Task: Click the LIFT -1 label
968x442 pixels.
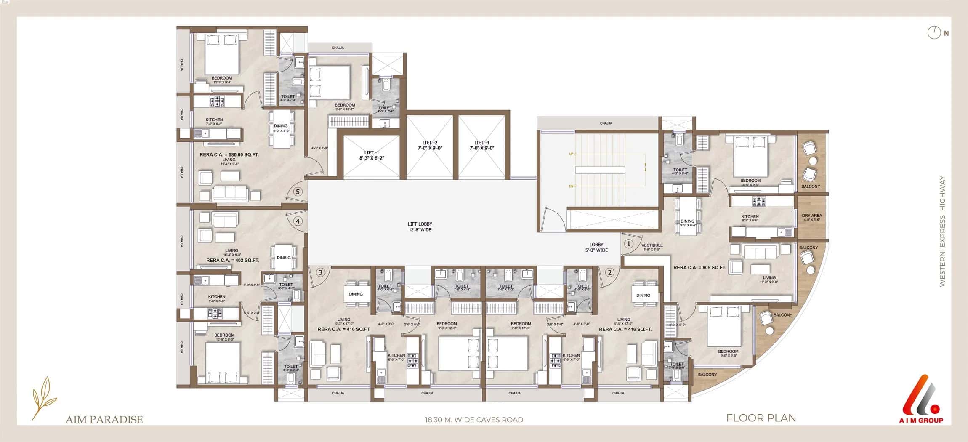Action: [x=372, y=155]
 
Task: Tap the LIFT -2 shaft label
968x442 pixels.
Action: [x=430, y=145]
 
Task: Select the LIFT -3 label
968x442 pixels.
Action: [x=481, y=145]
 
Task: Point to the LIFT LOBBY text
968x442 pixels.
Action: [x=420, y=226]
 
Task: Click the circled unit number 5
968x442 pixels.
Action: [x=298, y=192]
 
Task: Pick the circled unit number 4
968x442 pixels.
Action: [x=298, y=221]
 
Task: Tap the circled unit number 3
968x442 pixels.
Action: [x=321, y=272]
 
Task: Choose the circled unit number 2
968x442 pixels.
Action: [x=609, y=272]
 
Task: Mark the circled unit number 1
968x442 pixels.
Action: [x=628, y=244]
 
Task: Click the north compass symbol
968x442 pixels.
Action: [x=934, y=32]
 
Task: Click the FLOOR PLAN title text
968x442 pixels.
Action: [x=761, y=418]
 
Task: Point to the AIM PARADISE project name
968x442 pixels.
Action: [x=104, y=419]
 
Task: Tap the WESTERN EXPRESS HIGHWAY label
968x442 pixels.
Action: [x=942, y=232]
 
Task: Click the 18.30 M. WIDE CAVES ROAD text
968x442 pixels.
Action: [x=474, y=420]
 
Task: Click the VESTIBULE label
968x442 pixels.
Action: [x=652, y=245]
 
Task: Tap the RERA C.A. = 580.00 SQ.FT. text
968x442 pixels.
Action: [x=229, y=154]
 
